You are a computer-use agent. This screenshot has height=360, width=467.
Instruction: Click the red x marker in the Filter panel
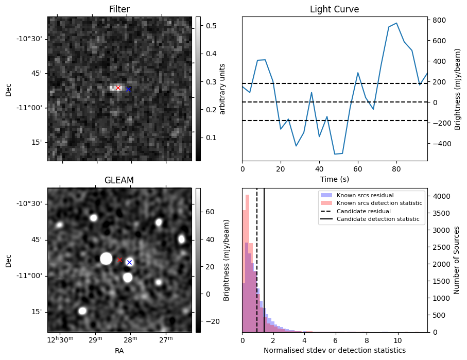118,88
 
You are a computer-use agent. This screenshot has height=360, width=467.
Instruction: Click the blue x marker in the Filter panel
128,90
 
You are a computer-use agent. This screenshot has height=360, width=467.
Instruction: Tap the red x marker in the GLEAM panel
120,260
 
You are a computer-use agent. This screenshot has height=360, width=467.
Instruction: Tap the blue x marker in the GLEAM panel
129,263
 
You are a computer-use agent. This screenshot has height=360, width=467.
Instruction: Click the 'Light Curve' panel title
334,9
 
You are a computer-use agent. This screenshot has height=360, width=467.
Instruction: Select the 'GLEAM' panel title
119,180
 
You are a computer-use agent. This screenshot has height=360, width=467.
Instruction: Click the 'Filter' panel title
119,9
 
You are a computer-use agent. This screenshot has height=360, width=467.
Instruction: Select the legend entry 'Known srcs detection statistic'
379,203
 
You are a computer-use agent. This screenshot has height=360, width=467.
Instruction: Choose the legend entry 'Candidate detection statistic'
377,220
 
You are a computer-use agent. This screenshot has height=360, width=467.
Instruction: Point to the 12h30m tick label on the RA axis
61,340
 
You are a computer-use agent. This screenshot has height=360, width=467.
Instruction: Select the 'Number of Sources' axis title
457,260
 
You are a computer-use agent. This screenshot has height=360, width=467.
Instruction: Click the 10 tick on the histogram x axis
397,340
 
